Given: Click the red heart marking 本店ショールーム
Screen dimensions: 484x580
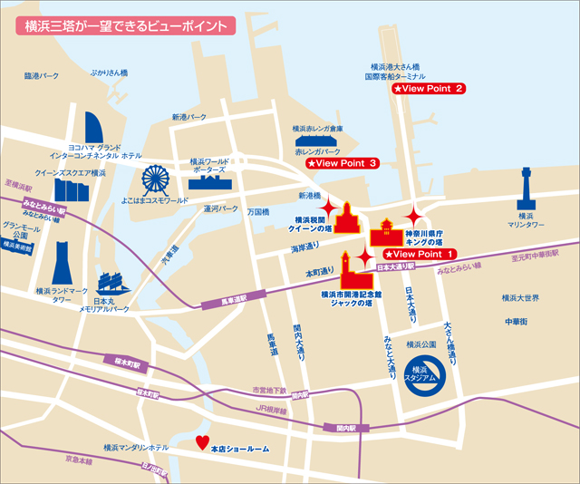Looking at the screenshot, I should (x=201, y=443).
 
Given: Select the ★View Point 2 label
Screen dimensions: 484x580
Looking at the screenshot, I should (x=429, y=89).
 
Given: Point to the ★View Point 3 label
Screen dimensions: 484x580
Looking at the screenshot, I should (x=342, y=164).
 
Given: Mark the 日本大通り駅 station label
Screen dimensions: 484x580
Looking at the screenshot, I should (x=395, y=268).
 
